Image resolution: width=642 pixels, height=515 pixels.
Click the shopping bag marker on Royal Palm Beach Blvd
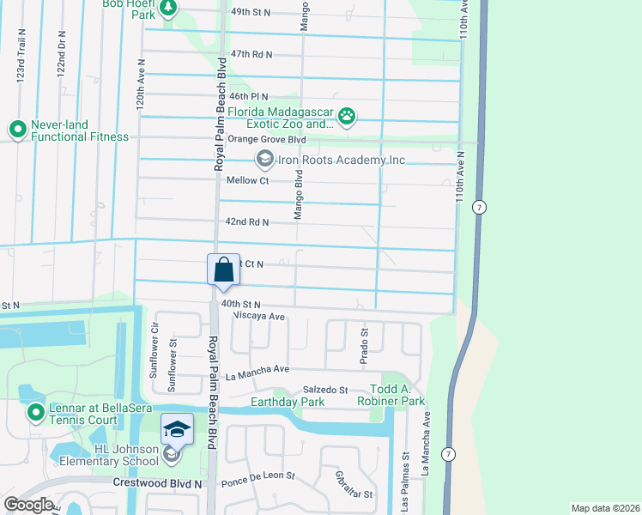tap(223, 270)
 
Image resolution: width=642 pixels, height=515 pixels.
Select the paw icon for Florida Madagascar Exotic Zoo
tap(347, 117)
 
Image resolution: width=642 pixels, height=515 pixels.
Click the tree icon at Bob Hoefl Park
tap(169, 8)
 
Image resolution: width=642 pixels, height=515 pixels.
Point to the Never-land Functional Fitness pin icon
tap(17, 130)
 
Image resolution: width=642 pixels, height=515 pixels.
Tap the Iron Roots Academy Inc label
tap(341, 160)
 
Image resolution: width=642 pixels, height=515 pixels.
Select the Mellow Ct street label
tap(248, 180)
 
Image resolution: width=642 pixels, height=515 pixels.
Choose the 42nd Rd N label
tap(247, 221)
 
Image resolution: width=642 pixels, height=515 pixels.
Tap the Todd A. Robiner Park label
tap(391, 395)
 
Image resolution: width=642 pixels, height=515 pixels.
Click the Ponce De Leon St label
tap(258, 475)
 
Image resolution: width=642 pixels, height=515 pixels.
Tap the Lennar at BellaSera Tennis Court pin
tap(36, 413)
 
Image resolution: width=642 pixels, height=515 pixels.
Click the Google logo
tap(28, 504)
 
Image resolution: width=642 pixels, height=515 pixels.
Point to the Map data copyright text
tap(604, 508)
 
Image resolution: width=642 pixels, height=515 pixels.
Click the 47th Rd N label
tap(245, 53)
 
